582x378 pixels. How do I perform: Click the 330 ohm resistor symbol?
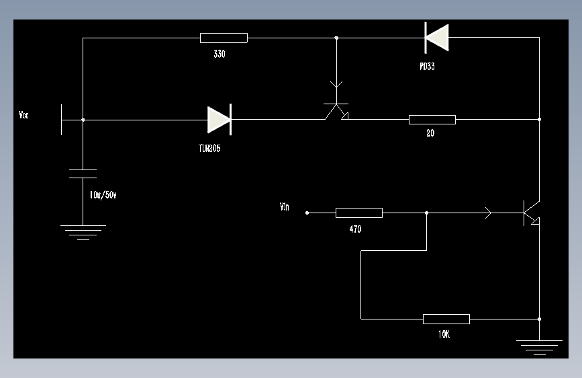coord(224,38)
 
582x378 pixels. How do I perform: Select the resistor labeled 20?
coord(432,120)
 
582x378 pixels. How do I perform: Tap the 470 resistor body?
coord(359,213)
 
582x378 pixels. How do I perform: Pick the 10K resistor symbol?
coord(446,319)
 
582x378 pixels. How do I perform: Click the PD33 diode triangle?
coord(437,38)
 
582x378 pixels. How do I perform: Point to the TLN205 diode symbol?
coord(220,120)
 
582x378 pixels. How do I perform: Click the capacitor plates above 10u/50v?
coord(83,174)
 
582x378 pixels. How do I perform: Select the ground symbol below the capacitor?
coord(83,233)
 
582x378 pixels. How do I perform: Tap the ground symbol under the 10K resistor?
coord(539,348)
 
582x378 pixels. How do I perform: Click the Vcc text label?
coord(23,115)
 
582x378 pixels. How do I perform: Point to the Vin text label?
coord(285,207)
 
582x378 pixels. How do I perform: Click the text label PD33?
coord(427,66)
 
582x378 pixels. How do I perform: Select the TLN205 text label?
coord(209,149)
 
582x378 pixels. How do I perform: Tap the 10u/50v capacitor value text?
coord(103,195)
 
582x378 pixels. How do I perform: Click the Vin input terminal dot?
coord(307,213)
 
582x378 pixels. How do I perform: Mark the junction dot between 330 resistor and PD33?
coord(336,38)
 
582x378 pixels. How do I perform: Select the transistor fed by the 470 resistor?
coord(532,213)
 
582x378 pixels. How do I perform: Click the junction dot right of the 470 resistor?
coord(426,213)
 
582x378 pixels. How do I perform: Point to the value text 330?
coord(220,54)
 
